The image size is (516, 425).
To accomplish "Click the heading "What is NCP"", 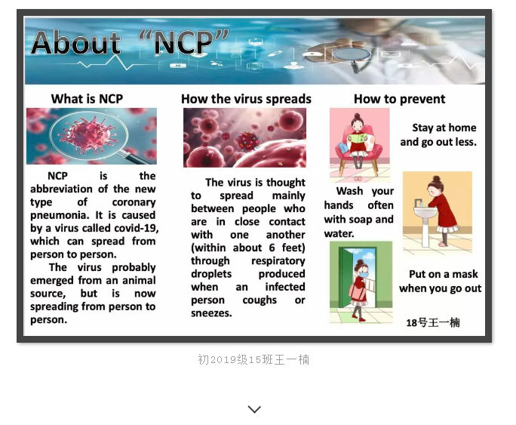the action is click(88, 99).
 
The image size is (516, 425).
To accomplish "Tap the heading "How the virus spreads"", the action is click(246, 99).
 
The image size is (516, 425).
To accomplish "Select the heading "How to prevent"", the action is click(400, 99).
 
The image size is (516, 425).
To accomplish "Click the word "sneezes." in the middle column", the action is click(211, 313).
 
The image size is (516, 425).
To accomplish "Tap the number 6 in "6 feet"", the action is click(272, 248).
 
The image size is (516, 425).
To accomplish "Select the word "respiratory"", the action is click(278, 261).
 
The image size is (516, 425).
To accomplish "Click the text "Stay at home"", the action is click(444, 128).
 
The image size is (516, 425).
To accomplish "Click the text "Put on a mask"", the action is click(444, 274).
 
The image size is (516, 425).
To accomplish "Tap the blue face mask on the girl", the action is click(364, 275).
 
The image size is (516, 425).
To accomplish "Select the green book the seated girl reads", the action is click(357, 137).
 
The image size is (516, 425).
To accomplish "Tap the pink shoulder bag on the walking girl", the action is click(358, 292).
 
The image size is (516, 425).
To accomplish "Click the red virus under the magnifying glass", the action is click(88, 134).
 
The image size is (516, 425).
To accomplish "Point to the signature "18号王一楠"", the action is click(433, 322).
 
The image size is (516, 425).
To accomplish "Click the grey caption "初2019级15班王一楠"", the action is click(253, 359).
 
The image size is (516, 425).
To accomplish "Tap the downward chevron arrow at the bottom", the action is click(254, 409).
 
